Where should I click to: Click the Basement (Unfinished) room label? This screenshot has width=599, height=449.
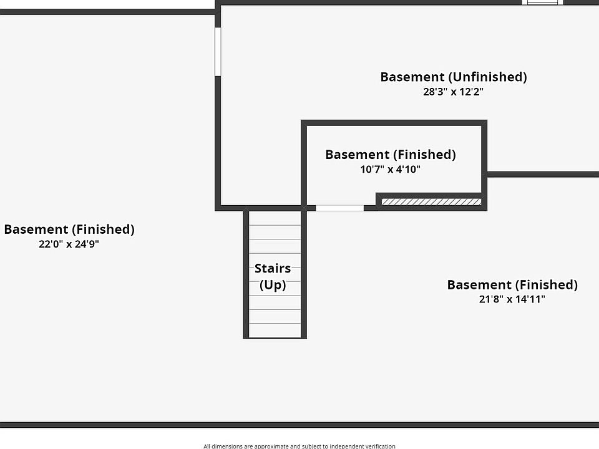(x=454, y=77)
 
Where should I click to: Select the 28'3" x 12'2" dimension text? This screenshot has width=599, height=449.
(x=453, y=92)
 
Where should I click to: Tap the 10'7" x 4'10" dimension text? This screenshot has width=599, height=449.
(x=390, y=169)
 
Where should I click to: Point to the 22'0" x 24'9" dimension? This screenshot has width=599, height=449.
(x=69, y=244)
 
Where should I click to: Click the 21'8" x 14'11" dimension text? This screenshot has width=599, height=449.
(x=512, y=299)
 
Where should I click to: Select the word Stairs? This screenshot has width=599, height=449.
(x=273, y=268)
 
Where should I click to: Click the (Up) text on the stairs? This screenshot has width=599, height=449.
(x=273, y=285)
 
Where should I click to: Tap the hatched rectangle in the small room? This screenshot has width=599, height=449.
(x=431, y=201)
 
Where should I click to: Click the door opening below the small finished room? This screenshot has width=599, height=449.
(x=339, y=208)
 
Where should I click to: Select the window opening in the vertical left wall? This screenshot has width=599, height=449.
(x=218, y=52)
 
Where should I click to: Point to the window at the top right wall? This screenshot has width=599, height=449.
(x=543, y=2)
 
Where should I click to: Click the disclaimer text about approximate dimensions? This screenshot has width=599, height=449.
(x=299, y=446)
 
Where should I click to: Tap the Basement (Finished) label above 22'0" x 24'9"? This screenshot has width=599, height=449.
(x=69, y=229)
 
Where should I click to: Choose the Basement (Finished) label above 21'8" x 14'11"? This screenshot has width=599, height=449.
(x=512, y=285)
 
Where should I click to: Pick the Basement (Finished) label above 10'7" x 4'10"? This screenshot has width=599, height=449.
(x=391, y=155)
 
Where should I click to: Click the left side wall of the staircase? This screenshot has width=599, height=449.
(x=246, y=273)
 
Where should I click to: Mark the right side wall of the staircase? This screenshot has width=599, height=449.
(x=304, y=273)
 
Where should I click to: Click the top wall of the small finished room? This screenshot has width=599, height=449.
(x=394, y=123)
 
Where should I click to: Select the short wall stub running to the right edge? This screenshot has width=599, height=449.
(x=543, y=175)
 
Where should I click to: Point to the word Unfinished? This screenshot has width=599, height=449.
(x=487, y=77)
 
